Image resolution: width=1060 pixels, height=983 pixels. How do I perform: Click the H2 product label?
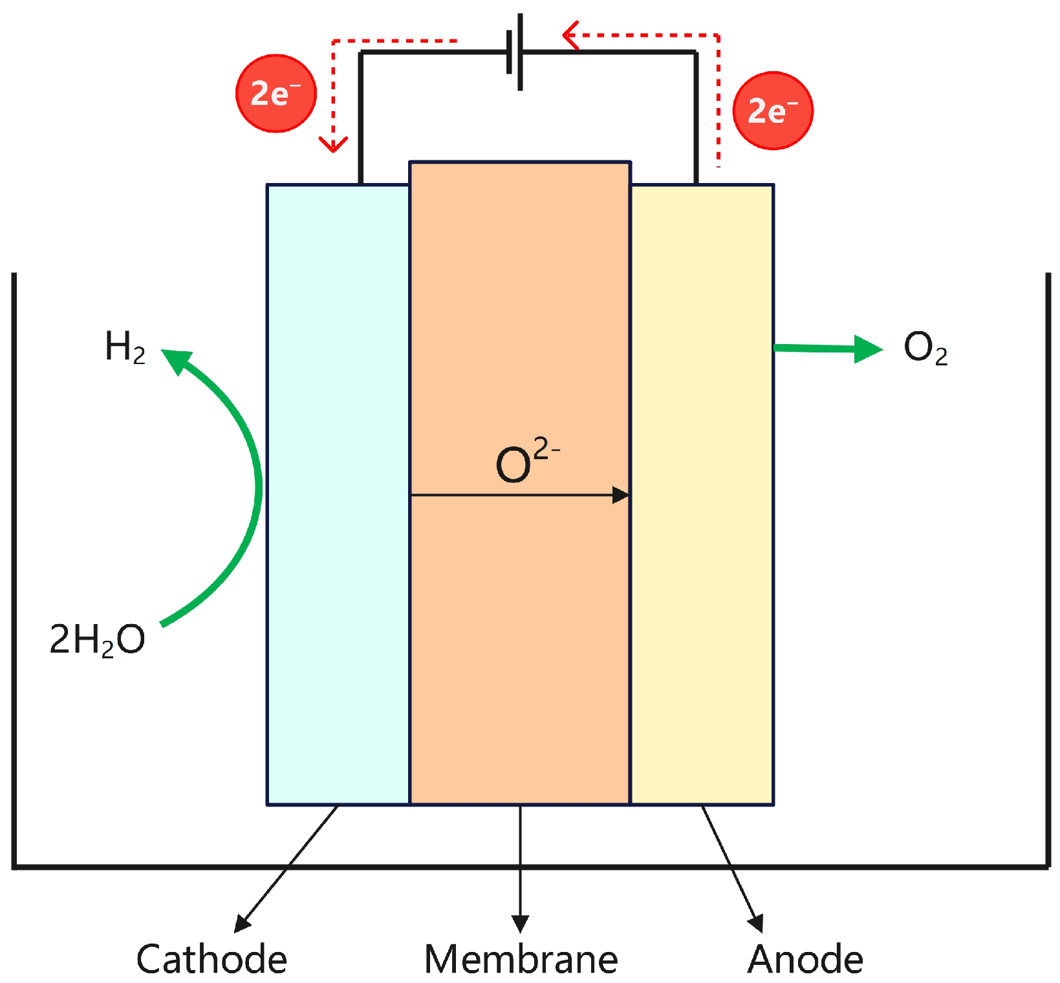point(125,347)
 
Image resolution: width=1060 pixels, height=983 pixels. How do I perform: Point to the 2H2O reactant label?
point(97,640)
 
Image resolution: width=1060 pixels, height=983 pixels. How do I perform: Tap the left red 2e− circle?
point(276,94)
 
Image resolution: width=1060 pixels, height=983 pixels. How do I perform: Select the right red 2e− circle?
point(773,111)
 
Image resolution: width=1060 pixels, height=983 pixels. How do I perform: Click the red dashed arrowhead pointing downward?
point(333,144)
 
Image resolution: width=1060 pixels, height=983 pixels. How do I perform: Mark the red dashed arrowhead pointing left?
point(570,35)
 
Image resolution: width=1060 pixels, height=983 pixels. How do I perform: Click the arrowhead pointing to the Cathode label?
point(242,923)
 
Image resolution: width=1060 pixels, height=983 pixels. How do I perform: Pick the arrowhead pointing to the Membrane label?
point(521,924)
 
